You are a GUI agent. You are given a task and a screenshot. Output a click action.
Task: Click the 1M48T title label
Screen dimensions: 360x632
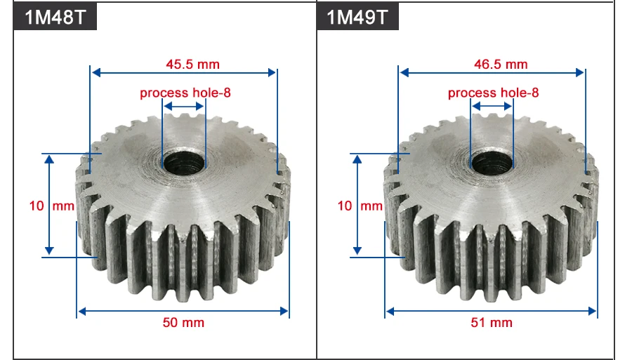[55, 17]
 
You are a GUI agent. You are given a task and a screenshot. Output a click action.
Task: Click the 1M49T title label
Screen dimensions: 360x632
[358, 17]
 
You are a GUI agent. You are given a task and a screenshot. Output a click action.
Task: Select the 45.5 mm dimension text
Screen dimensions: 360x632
[192, 64]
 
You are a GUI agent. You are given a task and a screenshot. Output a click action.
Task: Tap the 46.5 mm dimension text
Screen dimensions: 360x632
[501, 64]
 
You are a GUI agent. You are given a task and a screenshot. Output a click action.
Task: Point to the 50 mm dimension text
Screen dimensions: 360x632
[183, 323]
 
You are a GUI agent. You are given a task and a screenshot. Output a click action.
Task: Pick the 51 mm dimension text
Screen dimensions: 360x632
[492, 323]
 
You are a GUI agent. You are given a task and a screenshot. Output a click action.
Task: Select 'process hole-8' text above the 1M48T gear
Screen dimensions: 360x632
[185, 93]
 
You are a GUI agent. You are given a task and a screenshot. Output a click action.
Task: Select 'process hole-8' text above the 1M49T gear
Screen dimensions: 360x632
[494, 93]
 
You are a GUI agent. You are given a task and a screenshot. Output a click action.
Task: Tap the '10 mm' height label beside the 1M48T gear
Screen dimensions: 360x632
[51, 206]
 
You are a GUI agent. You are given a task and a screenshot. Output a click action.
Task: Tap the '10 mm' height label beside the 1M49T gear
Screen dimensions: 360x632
[360, 206]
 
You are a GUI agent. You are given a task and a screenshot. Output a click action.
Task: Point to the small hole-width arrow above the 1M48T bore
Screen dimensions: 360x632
[183, 107]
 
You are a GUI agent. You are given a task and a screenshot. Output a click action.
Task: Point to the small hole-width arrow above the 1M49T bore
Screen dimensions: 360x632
[492, 107]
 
